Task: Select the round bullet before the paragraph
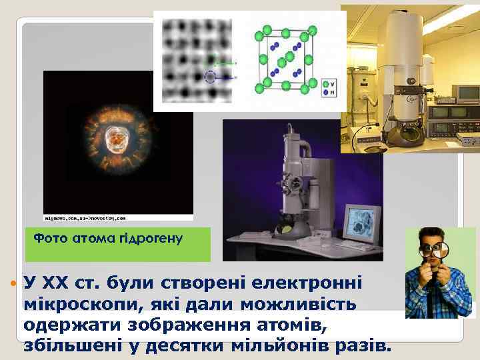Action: pos(13,285)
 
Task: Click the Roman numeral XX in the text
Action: pos(59,285)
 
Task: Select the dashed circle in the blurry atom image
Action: pos(211,76)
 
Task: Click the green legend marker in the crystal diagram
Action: pos(326,84)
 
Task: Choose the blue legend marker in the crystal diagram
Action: pos(326,93)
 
